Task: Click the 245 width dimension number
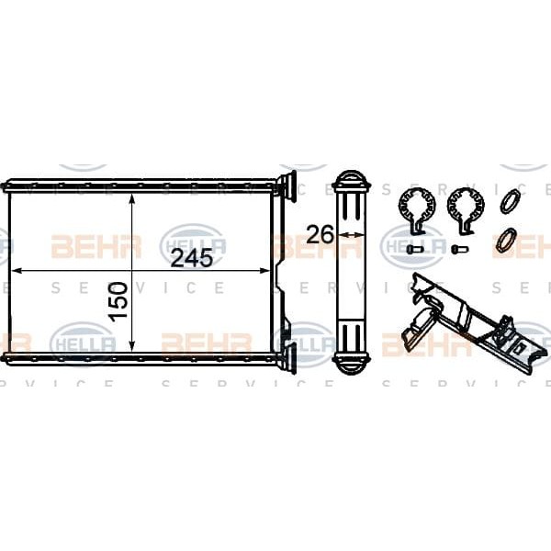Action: click(x=192, y=258)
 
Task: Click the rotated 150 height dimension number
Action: click(x=118, y=301)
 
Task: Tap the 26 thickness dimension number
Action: click(x=320, y=234)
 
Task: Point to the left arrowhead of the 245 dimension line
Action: click(x=17, y=271)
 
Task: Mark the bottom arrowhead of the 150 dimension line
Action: click(x=131, y=346)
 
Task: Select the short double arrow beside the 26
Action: click(x=351, y=234)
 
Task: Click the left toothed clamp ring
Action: click(x=416, y=210)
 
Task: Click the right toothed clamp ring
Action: click(x=466, y=210)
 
